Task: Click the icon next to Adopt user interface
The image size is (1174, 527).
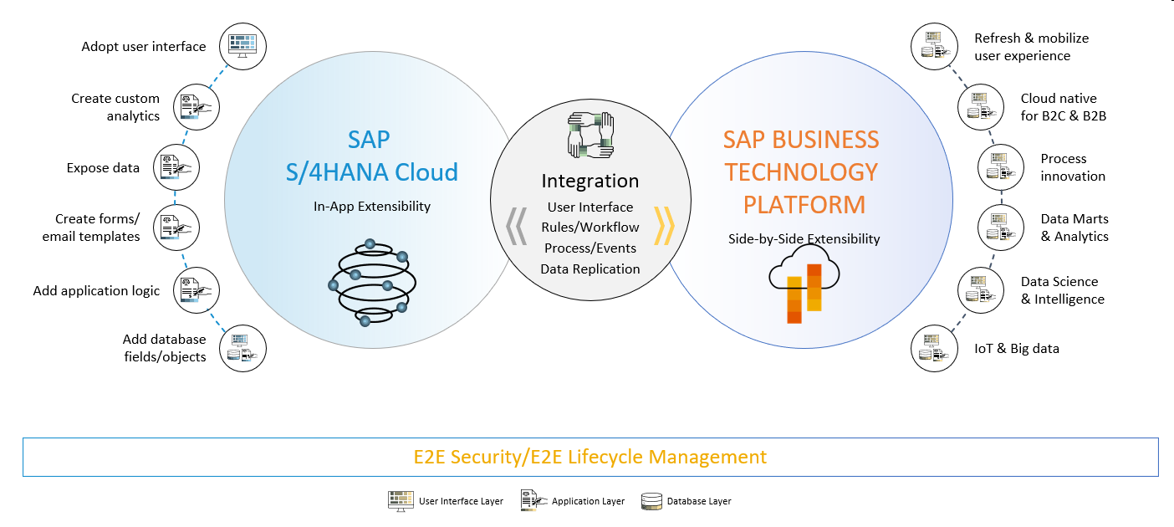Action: click(242, 46)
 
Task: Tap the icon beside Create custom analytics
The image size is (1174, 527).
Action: click(197, 106)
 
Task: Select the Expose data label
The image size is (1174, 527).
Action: click(103, 168)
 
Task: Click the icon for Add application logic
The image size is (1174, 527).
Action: click(197, 290)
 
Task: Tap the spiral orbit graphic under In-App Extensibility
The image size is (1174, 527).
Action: click(368, 282)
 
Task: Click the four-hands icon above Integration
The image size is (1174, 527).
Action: click(590, 136)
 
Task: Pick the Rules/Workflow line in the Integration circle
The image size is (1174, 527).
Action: click(590, 228)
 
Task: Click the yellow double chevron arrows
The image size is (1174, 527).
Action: click(664, 225)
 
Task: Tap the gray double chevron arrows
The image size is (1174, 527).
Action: click(517, 225)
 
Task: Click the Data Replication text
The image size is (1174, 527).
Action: click(590, 269)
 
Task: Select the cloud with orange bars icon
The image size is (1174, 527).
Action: click(799, 284)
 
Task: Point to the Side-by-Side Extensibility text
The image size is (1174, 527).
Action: click(804, 239)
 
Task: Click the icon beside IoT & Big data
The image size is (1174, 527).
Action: click(933, 349)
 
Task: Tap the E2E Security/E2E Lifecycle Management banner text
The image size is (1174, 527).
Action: click(590, 457)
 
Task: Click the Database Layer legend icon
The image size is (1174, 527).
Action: click(651, 501)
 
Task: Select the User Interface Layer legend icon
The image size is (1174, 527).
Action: click(401, 501)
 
